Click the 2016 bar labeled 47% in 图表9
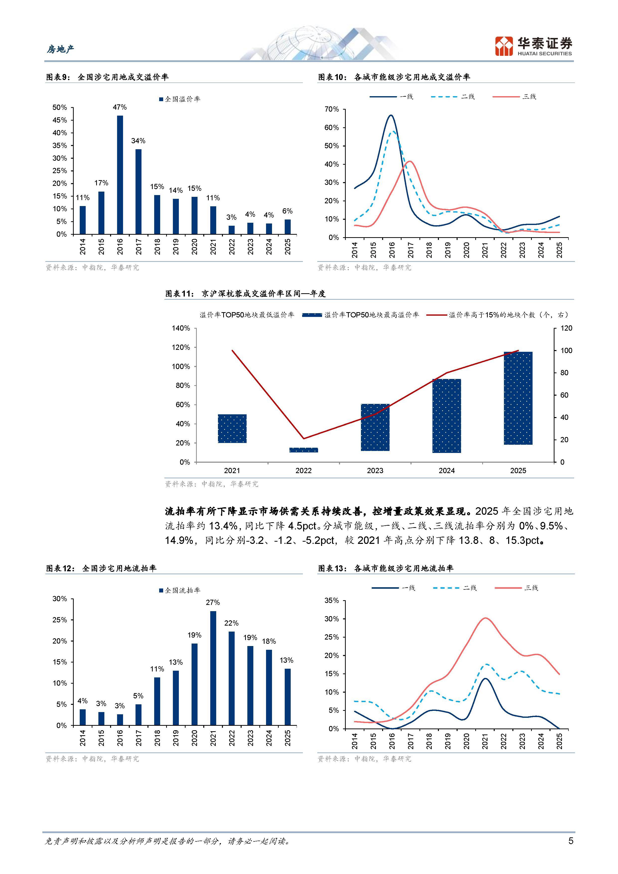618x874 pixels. pyautogui.click(x=120, y=175)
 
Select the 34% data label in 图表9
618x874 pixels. pyautogui.click(x=138, y=141)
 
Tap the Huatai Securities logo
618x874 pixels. pyautogui.click(x=533, y=46)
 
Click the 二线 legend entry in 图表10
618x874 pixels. pyautogui.click(x=453, y=97)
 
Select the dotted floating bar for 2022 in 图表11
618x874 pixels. pyautogui.click(x=303, y=450)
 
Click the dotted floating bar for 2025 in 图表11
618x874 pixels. pyautogui.click(x=518, y=398)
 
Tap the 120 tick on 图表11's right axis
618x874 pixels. pyautogui.click(x=566, y=328)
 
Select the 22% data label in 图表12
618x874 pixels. pyautogui.click(x=231, y=623)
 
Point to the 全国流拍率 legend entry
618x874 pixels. pyautogui.click(x=180, y=590)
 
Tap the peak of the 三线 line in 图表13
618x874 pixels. pyautogui.click(x=485, y=618)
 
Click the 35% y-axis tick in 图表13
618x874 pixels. pyautogui.click(x=332, y=601)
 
